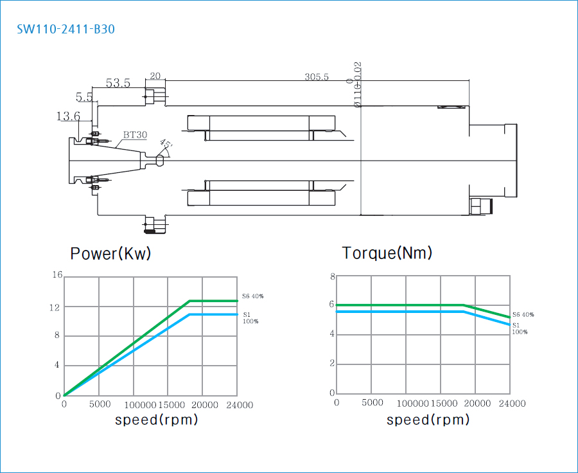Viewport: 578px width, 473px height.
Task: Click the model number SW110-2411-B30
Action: click(x=66, y=29)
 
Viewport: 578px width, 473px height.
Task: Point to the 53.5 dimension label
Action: click(x=118, y=83)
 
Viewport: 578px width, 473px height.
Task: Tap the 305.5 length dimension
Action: click(x=317, y=77)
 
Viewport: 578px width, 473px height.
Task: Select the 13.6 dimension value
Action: click(x=68, y=116)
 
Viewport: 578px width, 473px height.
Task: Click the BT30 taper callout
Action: click(x=135, y=135)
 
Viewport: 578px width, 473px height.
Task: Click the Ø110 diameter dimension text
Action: click(x=358, y=85)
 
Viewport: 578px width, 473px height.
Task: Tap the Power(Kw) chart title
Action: click(x=110, y=253)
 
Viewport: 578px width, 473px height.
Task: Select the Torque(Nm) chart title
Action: click(x=387, y=253)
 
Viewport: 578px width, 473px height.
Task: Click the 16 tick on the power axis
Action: click(x=57, y=276)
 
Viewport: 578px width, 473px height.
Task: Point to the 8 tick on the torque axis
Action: click(x=333, y=277)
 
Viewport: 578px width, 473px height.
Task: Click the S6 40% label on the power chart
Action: click(x=253, y=296)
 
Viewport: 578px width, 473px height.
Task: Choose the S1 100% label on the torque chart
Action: click(x=520, y=328)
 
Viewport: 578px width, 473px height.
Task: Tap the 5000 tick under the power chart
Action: click(x=100, y=405)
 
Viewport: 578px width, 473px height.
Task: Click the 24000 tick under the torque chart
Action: click(x=512, y=404)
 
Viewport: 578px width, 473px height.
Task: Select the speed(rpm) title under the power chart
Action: click(x=156, y=420)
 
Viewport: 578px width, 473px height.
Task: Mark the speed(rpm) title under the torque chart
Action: click(x=428, y=420)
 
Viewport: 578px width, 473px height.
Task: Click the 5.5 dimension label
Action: click(x=84, y=97)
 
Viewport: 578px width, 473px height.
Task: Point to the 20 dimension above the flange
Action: click(x=155, y=76)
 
